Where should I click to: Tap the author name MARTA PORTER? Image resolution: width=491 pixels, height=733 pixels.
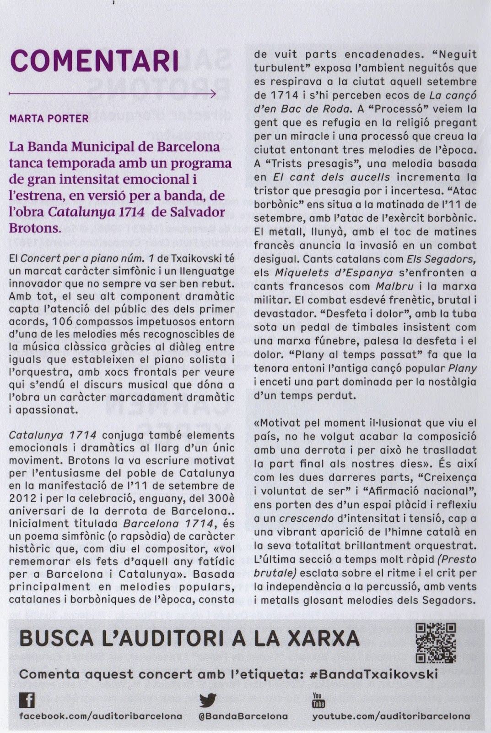point(49,119)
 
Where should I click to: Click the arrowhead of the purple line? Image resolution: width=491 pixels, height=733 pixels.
point(212,94)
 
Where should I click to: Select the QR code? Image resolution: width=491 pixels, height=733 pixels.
point(435,643)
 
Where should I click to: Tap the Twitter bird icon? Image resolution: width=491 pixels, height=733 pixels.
point(208,700)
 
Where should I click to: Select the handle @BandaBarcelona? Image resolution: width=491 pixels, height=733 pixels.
point(243,716)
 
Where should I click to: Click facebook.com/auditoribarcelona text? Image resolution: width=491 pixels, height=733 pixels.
point(101,716)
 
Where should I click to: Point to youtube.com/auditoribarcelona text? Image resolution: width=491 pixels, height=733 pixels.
point(391,716)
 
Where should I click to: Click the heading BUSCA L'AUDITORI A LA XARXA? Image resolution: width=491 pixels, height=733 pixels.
point(189,639)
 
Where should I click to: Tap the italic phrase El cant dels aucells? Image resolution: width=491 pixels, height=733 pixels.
point(332,177)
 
